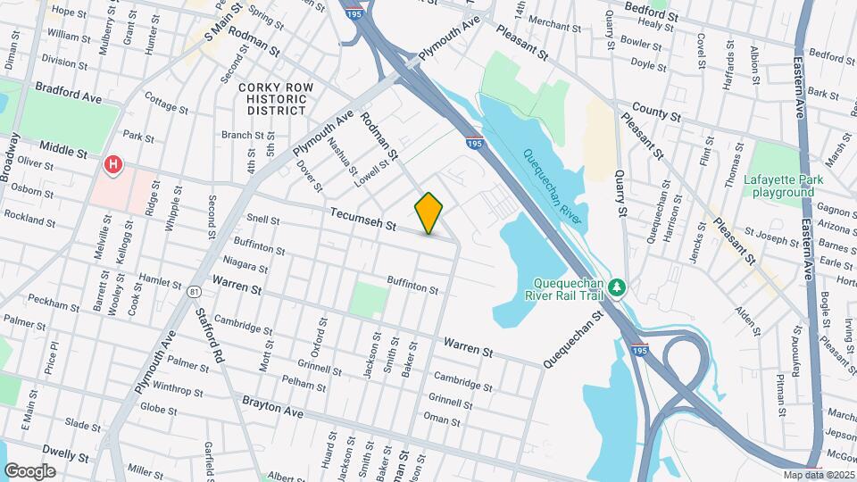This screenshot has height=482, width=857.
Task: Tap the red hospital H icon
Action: coord(113,164)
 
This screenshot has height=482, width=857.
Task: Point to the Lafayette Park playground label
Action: coord(783,186)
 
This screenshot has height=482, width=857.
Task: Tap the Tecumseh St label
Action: coord(362,220)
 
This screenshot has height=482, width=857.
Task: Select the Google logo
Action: coord(29,470)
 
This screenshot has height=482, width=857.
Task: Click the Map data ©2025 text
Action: coord(819,474)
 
